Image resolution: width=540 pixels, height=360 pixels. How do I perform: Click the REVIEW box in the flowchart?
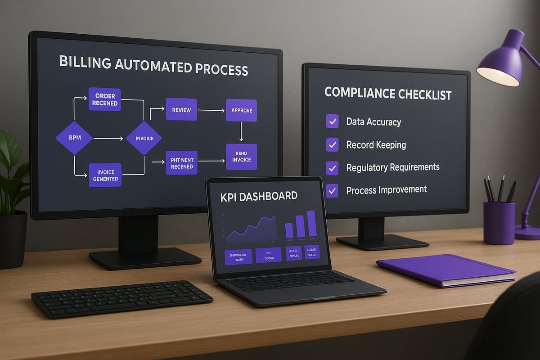click(x=181, y=109)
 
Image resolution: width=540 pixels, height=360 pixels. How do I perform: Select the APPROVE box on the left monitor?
click(x=241, y=110)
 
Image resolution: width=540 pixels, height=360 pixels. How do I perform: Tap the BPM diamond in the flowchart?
click(x=75, y=138)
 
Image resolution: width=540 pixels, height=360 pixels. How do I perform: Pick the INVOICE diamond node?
click(x=144, y=138)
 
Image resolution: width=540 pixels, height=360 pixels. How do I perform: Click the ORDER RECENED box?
click(x=105, y=99)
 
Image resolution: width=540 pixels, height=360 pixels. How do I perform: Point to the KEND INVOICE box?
click(x=241, y=157)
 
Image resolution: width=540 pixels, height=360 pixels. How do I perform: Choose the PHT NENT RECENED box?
click(x=182, y=163)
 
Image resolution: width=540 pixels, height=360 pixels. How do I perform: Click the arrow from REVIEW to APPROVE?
click(x=211, y=110)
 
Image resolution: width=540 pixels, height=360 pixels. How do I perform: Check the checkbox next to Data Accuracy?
click(x=332, y=121)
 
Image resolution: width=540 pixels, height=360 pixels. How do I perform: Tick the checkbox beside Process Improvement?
click(x=332, y=190)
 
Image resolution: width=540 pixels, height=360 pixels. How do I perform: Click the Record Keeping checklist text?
click(x=376, y=145)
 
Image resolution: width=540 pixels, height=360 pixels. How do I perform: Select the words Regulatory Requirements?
click(x=393, y=167)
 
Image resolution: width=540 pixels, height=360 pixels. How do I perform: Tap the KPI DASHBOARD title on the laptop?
click(x=259, y=196)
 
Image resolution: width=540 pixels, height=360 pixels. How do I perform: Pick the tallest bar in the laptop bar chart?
click(x=311, y=223)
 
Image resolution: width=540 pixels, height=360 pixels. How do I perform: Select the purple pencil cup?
click(x=499, y=223)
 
